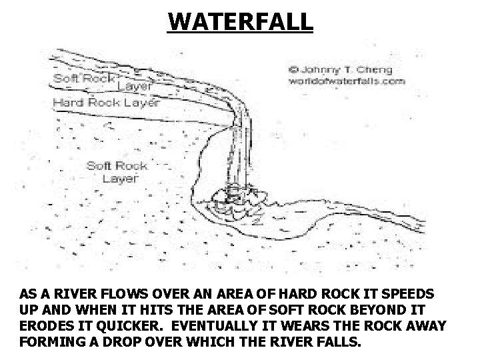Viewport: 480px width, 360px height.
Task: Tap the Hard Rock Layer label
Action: (x=107, y=103)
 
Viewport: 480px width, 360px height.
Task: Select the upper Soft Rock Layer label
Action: (x=103, y=81)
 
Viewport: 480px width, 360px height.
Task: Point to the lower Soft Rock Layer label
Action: (x=117, y=171)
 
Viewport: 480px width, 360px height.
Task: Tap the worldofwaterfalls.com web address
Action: (x=347, y=81)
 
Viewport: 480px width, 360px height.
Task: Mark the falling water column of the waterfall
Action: (x=242, y=147)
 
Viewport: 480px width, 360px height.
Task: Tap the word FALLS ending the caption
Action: (x=339, y=342)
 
